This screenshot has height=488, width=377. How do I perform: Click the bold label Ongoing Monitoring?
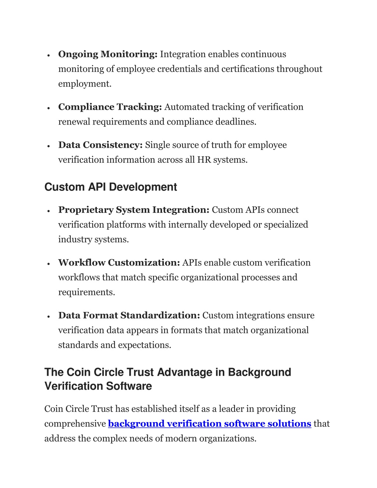pyautogui.click(x=108, y=55)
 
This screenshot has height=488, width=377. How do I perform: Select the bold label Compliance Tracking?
pyautogui.click(x=110, y=107)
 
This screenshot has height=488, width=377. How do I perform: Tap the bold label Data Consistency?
pyautogui.click(x=100, y=145)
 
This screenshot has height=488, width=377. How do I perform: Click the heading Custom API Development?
pyautogui.click(x=110, y=187)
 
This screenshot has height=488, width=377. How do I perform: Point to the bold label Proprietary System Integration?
pyautogui.click(x=134, y=210)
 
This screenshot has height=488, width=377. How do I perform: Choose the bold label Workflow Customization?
pyautogui.click(x=119, y=263)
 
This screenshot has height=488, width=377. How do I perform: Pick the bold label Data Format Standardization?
pyautogui.click(x=129, y=316)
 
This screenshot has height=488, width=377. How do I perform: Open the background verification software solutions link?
pyautogui.click(x=209, y=424)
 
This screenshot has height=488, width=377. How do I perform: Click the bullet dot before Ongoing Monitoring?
pyautogui.click(x=49, y=55)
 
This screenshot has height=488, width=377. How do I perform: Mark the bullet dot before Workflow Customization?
pyautogui.click(x=49, y=264)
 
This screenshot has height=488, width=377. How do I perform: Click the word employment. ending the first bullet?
pyautogui.click(x=85, y=84)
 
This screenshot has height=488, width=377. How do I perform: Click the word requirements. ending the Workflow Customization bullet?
pyautogui.click(x=87, y=292)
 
